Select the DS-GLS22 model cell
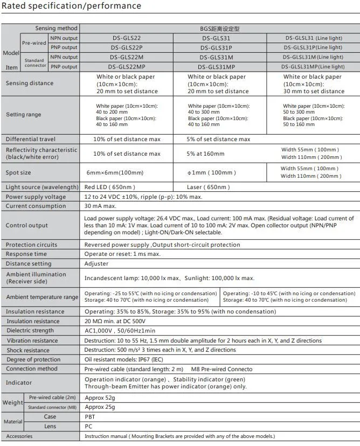127,38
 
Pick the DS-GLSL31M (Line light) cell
313,57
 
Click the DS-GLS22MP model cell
127,67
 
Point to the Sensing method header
57,28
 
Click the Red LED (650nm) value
106,187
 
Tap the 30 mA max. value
100,206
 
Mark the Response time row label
26,254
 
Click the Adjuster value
96,264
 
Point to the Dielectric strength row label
30,331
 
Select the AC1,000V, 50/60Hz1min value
120,331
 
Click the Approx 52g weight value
100,397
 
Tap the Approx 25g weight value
100,407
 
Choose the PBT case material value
91,416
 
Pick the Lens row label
50,426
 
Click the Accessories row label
19,436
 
